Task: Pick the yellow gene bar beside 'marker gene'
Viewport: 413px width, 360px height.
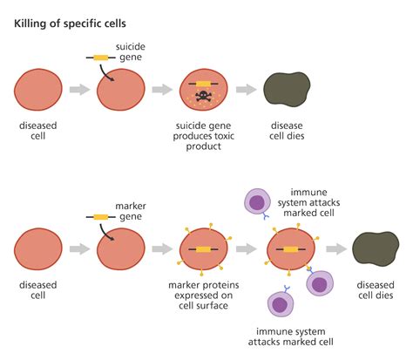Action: click(x=100, y=217)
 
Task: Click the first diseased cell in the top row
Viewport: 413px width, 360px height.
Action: click(x=37, y=90)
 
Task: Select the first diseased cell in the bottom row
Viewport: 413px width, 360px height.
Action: click(x=37, y=249)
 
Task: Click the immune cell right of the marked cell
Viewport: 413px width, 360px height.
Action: click(x=321, y=283)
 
